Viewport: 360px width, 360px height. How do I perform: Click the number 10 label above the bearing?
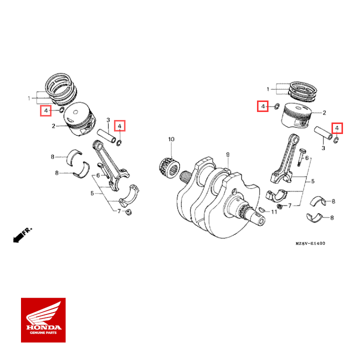point(171,138)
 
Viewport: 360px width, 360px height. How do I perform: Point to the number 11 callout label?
point(273,212)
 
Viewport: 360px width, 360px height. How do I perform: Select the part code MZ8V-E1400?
point(310,243)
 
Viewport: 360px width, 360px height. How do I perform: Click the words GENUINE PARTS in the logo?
point(43,333)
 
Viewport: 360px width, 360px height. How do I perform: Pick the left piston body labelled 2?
point(79,120)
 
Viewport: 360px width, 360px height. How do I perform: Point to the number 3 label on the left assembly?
point(108,120)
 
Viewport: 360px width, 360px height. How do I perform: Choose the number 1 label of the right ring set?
point(268,89)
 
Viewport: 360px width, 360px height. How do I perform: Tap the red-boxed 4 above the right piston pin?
point(338,128)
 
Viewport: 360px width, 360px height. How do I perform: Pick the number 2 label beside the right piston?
point(324,113)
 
